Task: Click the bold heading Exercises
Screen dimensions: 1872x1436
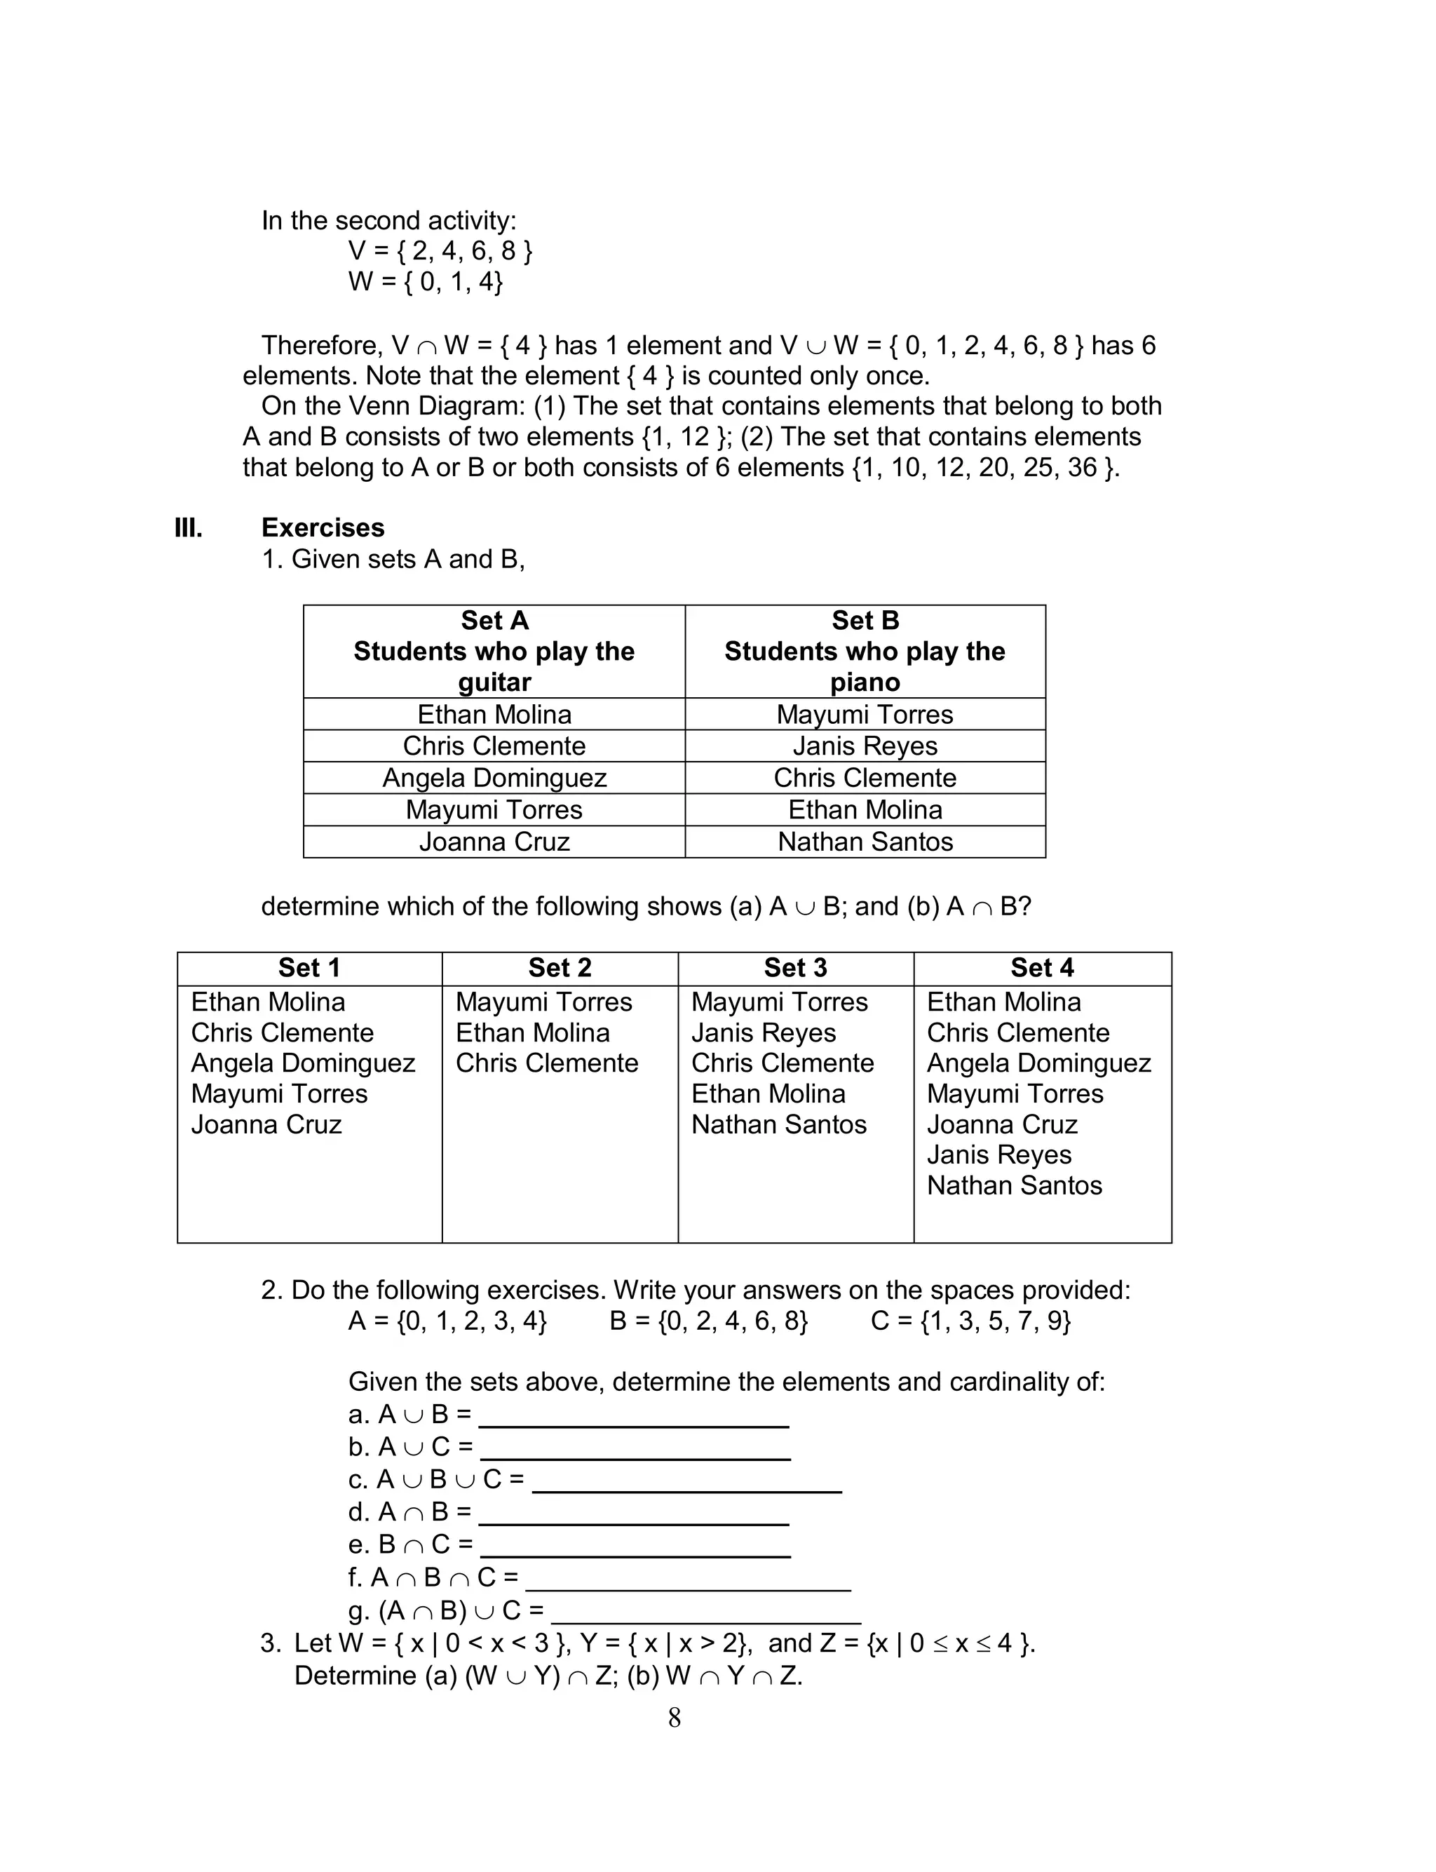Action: (x=323, y=527)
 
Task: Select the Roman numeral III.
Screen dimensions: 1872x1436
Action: (x=188, y=527)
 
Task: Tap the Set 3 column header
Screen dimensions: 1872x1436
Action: (x=795, y=968)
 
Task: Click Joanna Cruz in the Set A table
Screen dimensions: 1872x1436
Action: (x=494, y=842)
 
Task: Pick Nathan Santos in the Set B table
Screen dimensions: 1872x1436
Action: (x=865, y=842)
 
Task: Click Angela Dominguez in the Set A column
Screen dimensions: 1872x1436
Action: (x=494, y=778)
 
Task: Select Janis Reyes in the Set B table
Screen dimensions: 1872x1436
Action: (x=865, y=746)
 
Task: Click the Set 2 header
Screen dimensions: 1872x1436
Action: (x=559, y=968)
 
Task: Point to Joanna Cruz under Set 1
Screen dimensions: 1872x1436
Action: (x=266, y=1124)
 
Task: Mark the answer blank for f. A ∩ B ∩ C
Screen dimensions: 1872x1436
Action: (x=688, y=1579)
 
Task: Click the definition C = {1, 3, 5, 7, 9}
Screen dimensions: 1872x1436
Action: (x=970, y=1321)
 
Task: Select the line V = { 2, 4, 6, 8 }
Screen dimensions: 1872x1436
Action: (x=440, y=250)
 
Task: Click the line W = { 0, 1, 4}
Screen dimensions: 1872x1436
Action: (x=425, y=281)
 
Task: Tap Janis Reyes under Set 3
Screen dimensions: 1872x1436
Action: (x=764, y=1032)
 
